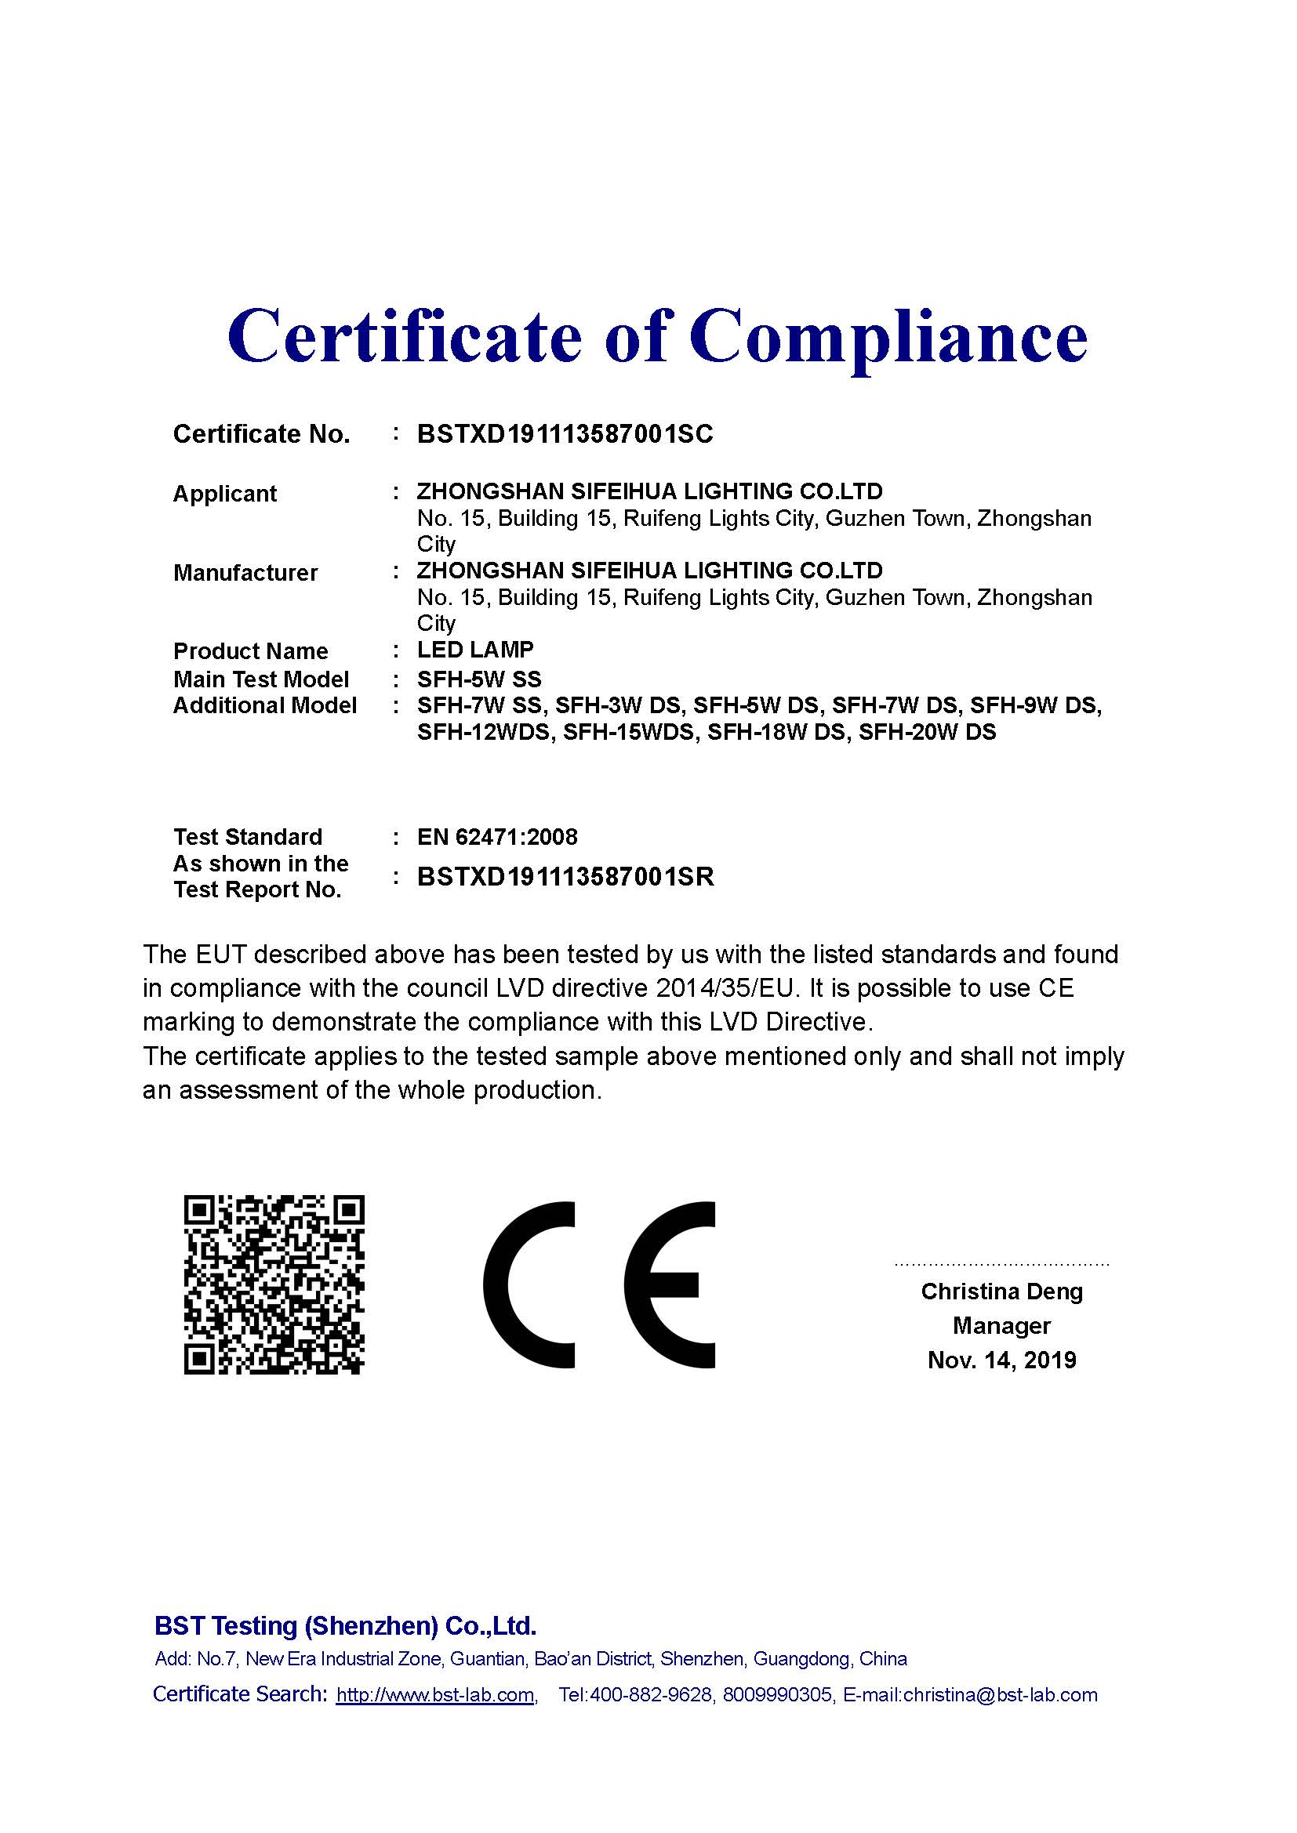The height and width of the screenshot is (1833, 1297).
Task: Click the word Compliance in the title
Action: [888, 337]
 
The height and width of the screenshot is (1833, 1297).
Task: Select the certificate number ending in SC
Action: [565, 434]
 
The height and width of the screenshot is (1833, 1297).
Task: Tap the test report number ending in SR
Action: [565, 877]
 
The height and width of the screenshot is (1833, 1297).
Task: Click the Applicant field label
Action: [224, 494]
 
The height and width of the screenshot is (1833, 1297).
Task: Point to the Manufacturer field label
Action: [245, 572]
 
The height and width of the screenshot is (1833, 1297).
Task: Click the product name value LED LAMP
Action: [475, 650]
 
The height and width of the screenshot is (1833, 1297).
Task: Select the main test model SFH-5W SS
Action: [479, 679]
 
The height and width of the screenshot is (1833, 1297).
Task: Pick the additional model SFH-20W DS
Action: [927, 732]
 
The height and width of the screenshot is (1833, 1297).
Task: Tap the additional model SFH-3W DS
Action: [618, 706]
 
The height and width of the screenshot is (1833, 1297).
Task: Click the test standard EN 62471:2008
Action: [496, 837]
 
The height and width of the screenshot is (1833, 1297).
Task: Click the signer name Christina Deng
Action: [1001, 1291]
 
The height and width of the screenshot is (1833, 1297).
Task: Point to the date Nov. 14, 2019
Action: [1001, 1360]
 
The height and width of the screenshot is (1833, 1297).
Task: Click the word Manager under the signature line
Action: [1001, 1326]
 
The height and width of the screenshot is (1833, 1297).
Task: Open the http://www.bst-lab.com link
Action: [435, 1695]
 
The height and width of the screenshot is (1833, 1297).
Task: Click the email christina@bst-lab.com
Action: [1000, 1695]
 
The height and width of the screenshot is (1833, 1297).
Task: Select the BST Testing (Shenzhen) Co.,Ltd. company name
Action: [345, 1625]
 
